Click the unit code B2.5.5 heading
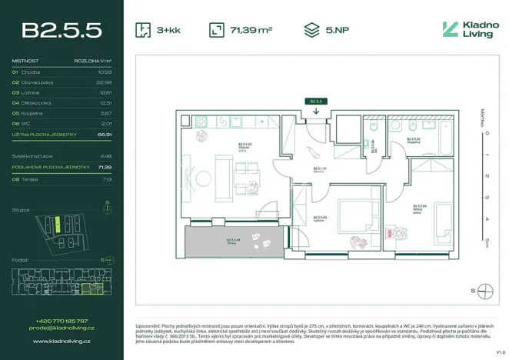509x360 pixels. tap(62, 30)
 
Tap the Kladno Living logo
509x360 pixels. tap(470, 30)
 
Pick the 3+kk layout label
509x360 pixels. tap(168, 31)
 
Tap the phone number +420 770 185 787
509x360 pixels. tap(62, 321)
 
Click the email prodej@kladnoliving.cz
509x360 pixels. tap(62, 328)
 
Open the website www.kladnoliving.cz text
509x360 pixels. tap(62, 340)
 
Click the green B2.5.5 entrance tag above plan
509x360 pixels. tap(315, 101)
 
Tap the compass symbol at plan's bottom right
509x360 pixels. tap(484, 291)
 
